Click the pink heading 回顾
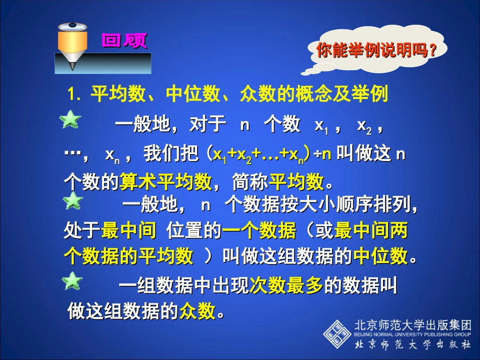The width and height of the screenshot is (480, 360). pos(124,40)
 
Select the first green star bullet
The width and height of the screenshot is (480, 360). pos(71,121)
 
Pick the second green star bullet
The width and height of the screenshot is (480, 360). pos(73,201)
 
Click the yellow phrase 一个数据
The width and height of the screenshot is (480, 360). pos(259,231)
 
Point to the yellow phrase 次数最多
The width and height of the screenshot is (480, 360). pos(286,286)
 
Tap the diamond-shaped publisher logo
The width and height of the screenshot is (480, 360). pos(337,334)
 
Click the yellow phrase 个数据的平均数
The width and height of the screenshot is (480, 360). pos(128,257)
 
